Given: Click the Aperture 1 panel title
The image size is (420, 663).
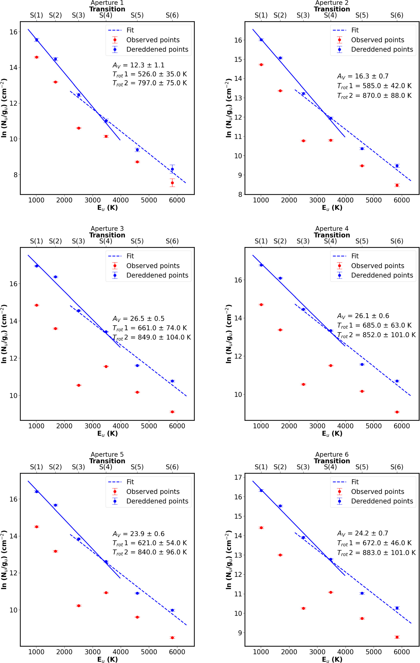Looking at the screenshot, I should (x=107, y=3).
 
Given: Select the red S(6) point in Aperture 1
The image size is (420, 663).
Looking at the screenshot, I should (x=172, y=183).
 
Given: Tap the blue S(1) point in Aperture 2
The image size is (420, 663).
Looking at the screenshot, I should (x=261, y=40).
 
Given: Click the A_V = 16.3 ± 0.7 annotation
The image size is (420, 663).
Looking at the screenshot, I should (x=363, y=76).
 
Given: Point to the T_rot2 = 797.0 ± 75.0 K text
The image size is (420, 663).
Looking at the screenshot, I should (x=150, y=83).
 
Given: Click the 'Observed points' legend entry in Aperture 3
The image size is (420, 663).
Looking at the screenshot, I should (x=153, y=266).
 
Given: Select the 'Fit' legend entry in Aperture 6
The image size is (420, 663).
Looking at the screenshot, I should (x=355, y=482).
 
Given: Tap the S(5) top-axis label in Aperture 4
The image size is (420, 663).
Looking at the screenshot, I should (x=362, y=241).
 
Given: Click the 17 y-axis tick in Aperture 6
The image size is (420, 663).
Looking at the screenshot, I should (x=238, y=477).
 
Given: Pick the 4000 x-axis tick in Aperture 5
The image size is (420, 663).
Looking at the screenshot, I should (x=121, y=652).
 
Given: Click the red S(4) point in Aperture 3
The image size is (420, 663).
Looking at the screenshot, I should (x=106, y=366).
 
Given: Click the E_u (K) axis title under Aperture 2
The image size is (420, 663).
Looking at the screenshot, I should (x=332, y=208).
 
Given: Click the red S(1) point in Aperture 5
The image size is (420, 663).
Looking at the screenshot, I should (x=36, y=527).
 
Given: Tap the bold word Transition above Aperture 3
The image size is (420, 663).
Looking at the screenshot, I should (x=107, y=235).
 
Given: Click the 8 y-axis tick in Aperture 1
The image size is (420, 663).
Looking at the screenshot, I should (x=13, y=175).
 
